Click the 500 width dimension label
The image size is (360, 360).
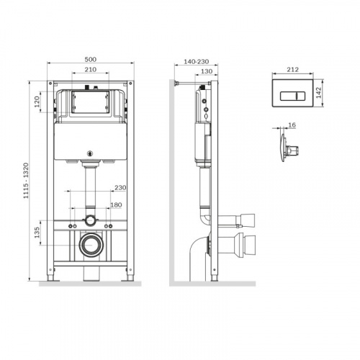[91, 59]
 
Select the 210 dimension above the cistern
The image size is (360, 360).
[91, 70]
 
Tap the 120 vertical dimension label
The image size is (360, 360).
[37, 102]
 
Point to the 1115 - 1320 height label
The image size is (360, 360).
[26, 181]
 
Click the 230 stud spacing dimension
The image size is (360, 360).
[120, 187]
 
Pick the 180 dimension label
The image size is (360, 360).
[116, 205]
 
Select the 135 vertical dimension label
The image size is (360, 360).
[37, 233]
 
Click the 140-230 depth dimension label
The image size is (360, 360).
[197, 62]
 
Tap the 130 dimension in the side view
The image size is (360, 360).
[207, 71]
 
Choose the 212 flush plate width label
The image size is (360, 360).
[293, 70]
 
